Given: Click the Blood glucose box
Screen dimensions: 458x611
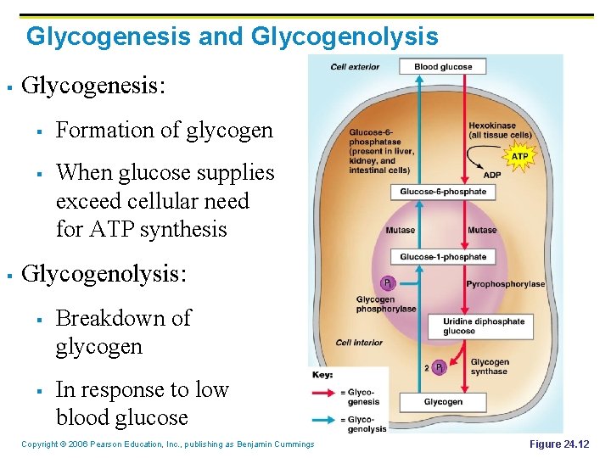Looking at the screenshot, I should click(443, 67).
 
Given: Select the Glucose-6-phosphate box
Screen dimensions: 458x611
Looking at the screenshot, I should click(443, 192).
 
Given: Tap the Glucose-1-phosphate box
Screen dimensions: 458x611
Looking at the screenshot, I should click(443, 257).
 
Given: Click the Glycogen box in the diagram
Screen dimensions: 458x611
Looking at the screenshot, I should click(443, 402).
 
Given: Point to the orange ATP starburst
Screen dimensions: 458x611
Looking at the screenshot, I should click(519, 156).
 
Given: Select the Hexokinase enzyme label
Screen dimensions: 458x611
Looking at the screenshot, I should click(500, 131).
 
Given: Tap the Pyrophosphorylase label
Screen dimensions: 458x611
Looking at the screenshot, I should click(505, 284).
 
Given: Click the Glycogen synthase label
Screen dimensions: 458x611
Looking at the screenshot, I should click(490, 366).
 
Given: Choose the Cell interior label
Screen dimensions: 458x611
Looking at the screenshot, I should click(358, 343).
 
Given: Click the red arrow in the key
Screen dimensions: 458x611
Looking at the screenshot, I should click(325, 393).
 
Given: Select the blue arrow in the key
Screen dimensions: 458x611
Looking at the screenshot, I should click(325, 418).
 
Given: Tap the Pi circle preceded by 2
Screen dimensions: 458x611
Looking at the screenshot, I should click(439, 367).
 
